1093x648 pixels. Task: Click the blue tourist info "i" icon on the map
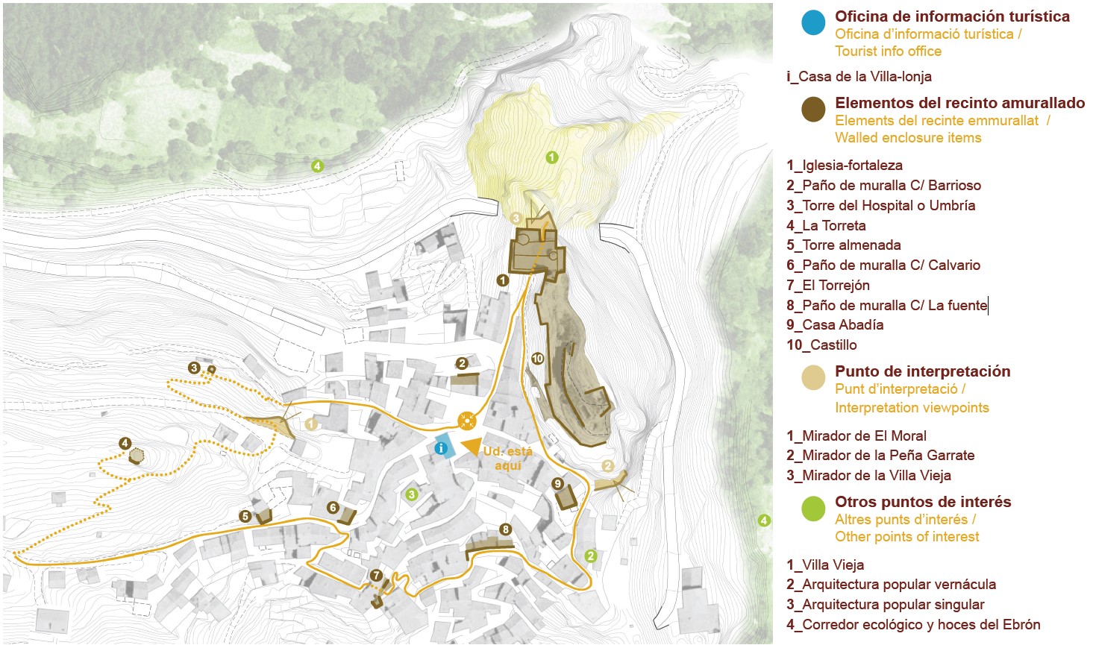(x=441, y=448)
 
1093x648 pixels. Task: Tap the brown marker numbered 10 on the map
(x=537, y=359)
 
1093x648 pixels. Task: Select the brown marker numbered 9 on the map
(x=558, y=484)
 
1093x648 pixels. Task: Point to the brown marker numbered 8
(x=506, y=529)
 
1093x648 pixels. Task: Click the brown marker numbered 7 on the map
(x=376, y=575)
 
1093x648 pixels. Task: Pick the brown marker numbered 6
(x=333, y=508)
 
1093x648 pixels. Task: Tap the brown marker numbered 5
(x=245, y=516)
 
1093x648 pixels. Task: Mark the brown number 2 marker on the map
(x=462, y=363)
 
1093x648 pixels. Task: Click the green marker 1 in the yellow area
(x=551, y=157)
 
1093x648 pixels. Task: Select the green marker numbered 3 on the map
(x=411, y=494)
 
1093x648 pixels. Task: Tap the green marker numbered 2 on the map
(x=591, y=556)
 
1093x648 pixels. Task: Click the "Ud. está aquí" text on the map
(x=507, y=459)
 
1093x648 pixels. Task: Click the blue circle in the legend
(x=813, y=22)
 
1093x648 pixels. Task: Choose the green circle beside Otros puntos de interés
(x=813, y=509)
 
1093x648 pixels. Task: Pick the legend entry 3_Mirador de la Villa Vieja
(x=868, y=475)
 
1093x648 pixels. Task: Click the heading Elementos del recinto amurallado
(x=959, y=103)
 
